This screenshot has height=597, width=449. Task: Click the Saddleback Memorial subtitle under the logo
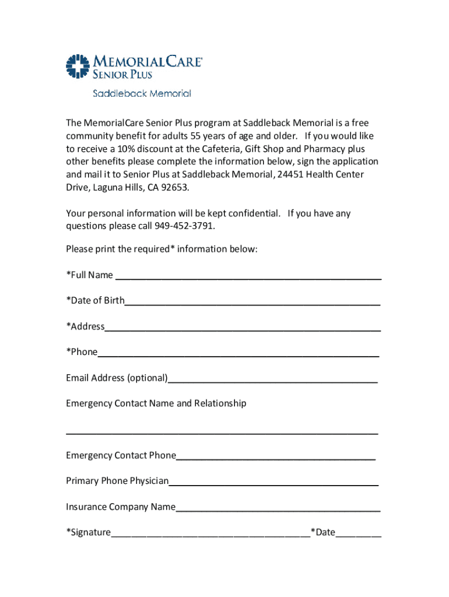pos(142,93)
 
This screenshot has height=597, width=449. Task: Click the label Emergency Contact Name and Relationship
pos(156,403)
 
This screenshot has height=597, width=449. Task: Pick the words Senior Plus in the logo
pos(123,74)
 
